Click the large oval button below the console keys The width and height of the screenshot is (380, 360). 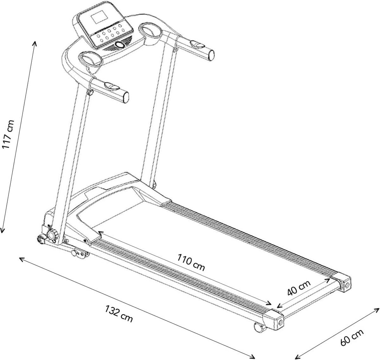pyautogui.click(x=120, y=45)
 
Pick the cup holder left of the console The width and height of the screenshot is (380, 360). pyautogui.click(x=90, y=58)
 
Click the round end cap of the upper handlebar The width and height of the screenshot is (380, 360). pyautogui.click(x=212, y=55)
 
